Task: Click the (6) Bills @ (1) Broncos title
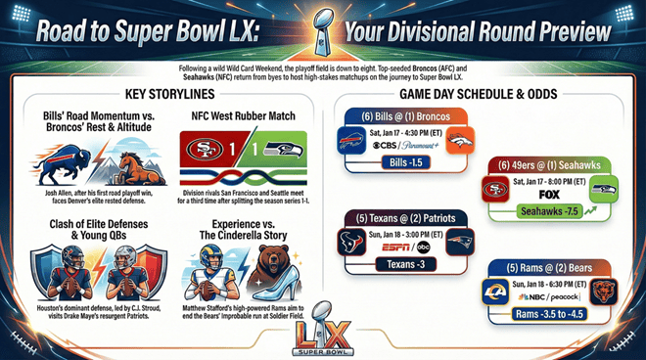[x=402, y=116]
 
